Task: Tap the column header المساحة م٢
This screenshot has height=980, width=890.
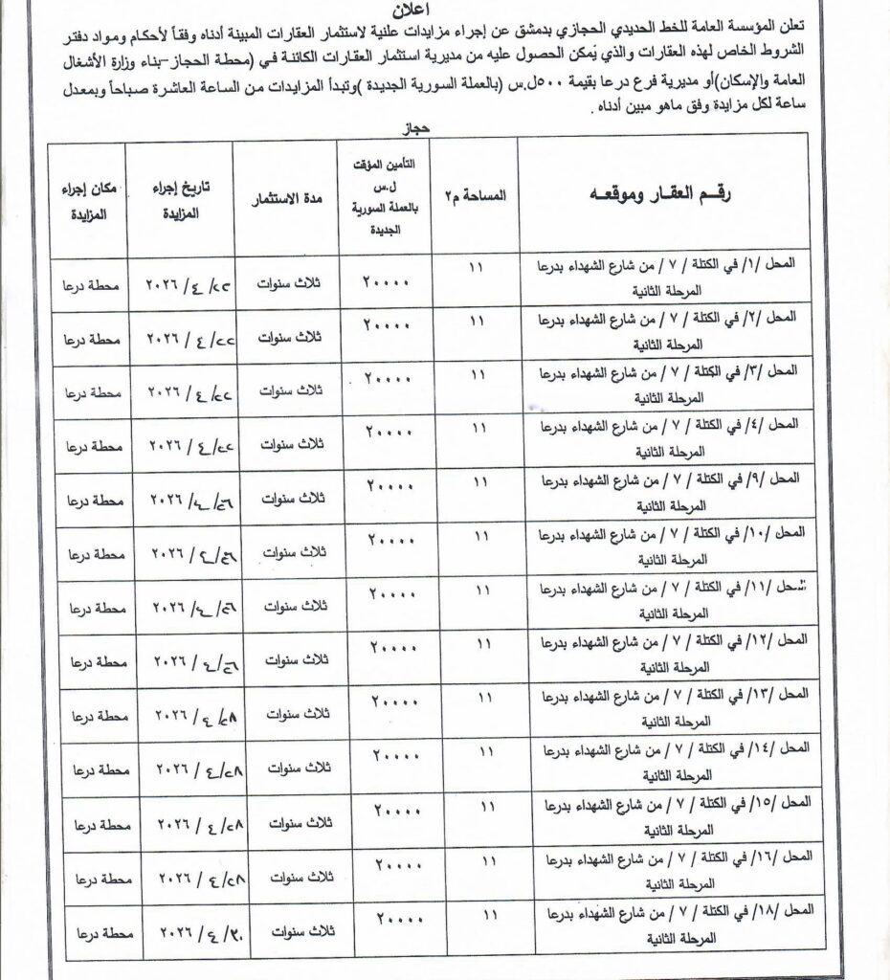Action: coord(475,195)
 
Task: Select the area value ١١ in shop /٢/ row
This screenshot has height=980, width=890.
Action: coord(476,320)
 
